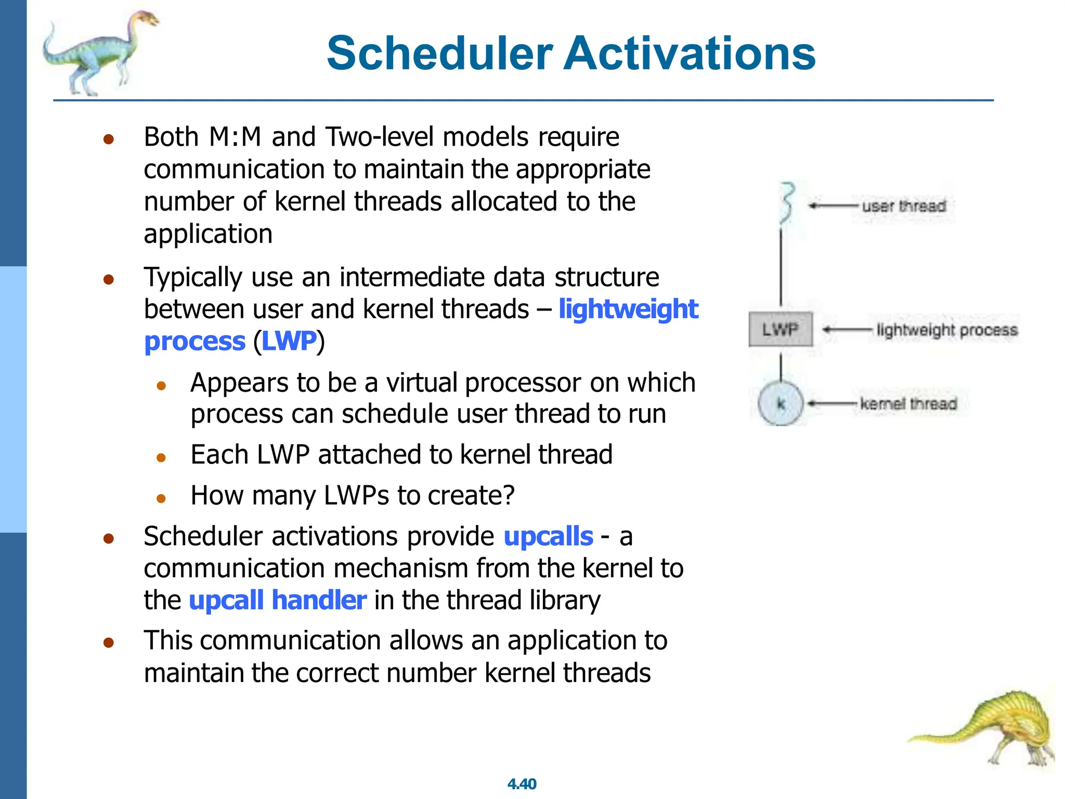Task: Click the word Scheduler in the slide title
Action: point(439,53)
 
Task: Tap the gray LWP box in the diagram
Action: point(780,329)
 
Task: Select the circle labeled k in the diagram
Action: point(781,404)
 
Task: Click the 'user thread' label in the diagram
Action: point(904,206)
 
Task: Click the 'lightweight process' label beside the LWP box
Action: point(946,330)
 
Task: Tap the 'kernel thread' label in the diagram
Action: point(908,404)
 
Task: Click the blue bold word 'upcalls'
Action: point(548,536)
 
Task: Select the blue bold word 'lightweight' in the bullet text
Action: point(628,309)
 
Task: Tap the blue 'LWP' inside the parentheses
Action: point(289,342)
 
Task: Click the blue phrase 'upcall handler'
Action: point(277,600)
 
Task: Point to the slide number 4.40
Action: point(522,783)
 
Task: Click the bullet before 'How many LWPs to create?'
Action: point(161,498)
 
